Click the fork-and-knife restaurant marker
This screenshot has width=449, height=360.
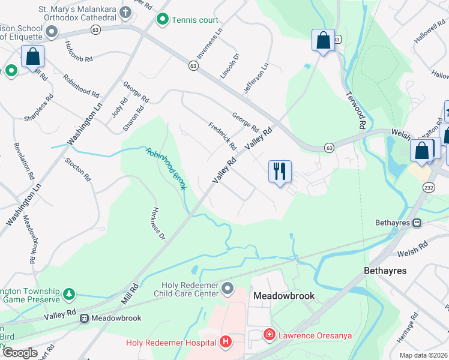(279, 172)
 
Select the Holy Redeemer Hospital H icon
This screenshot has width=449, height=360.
(226, 343)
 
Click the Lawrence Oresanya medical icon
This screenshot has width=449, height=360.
(270, 334)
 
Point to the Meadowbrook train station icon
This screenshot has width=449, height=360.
(85, 318)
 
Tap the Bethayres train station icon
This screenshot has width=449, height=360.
(417, 223)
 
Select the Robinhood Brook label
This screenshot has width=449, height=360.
(166, 169)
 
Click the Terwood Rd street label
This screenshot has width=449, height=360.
(356, 112)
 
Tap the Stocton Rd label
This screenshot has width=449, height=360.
(78, 169)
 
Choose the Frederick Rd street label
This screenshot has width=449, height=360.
(222, 136)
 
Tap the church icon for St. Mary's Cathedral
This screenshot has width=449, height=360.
(125, 12)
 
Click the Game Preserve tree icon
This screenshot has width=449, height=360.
(70, 293)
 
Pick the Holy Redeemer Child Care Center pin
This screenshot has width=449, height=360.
(227, 290)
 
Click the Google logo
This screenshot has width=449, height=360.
(19, 353)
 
